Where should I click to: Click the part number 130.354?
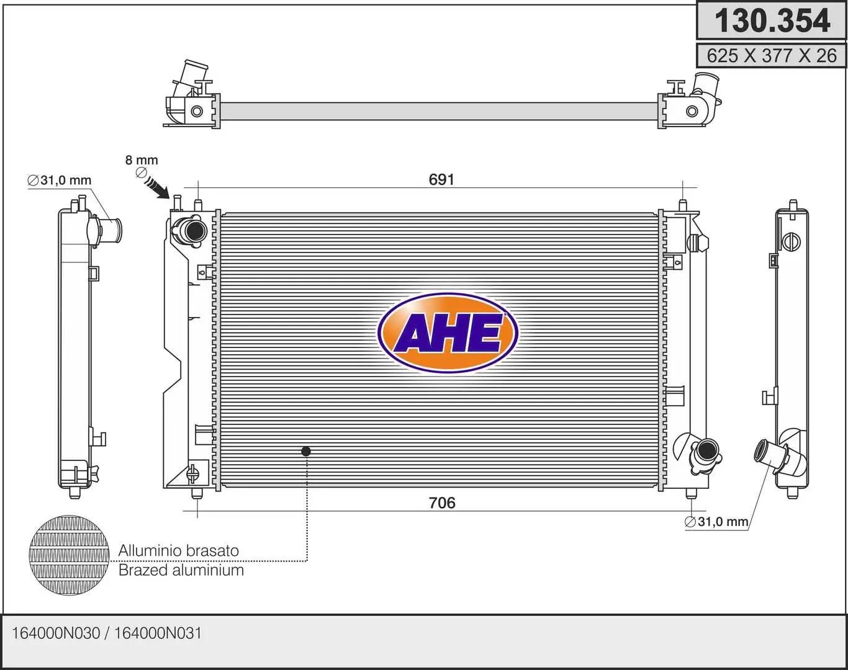pos(772,21)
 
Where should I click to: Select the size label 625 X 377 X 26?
pos(772,56)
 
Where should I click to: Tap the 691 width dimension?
pos(441,180)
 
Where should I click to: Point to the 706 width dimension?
pos(442,503)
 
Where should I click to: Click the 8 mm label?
pos(142,160)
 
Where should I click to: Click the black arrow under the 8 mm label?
pos(157,187)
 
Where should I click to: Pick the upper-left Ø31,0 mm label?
pos(60,181)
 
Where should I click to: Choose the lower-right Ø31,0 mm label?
pos(716,522)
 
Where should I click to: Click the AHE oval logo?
pos(448,333)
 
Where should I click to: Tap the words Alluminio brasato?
pos(179,551)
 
